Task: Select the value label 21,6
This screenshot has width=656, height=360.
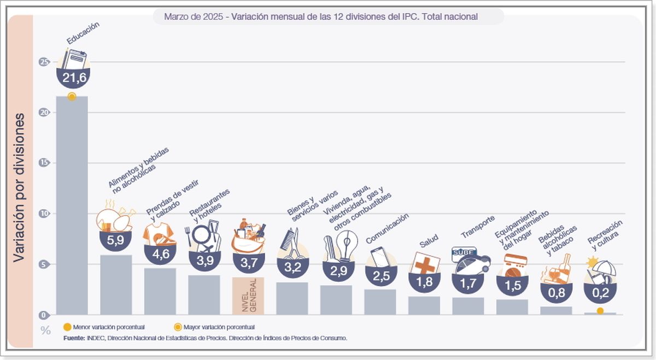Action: (74, 79)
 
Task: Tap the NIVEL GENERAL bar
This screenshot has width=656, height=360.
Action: (248, 296)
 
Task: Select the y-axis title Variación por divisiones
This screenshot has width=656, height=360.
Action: (19, 187)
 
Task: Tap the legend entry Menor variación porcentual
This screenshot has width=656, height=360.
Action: (104, 327)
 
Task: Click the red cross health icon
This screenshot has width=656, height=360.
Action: (425, 264)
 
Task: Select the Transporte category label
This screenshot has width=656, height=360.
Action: (478, 227)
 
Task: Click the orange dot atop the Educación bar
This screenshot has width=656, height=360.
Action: (72, 97)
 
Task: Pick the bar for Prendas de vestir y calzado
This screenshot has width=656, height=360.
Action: (160, 291)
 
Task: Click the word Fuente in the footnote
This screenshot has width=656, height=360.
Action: (74, 338)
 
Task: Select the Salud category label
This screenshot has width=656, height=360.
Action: (429, 241)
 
